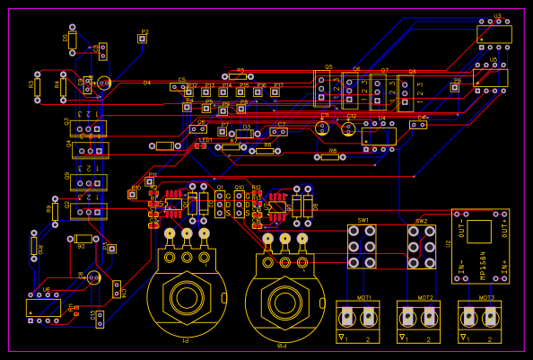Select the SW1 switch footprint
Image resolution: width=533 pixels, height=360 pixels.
(363, 246)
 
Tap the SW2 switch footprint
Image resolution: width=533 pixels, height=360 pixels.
(421, 246)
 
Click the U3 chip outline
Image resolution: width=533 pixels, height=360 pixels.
(494, 34)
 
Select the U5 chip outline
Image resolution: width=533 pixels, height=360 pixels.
(490, 78)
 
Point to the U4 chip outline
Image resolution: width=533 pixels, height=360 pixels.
(379, 136)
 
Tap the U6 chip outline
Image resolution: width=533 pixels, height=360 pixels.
(43, 307)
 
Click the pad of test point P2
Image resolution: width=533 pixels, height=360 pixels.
(142, 39)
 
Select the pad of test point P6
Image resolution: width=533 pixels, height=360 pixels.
(455, 87)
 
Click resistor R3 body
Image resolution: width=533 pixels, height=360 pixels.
(37, 85)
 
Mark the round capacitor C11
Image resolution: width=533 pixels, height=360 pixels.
(323, 128)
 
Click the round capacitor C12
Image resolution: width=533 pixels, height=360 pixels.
(348, 128)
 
